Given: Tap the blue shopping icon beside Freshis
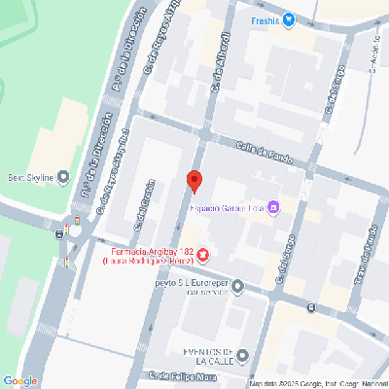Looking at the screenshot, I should (289, 20).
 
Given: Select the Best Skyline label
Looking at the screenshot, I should (28, 177).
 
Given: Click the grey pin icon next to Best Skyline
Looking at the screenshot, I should (63, 177).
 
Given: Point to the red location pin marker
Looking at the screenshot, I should (194, 180).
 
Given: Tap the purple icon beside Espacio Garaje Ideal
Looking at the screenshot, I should (274, 206).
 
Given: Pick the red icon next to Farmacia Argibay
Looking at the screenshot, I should (202, 256).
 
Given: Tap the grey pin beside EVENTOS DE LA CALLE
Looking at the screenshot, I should (242, 355).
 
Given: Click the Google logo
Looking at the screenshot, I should (21, 380).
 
